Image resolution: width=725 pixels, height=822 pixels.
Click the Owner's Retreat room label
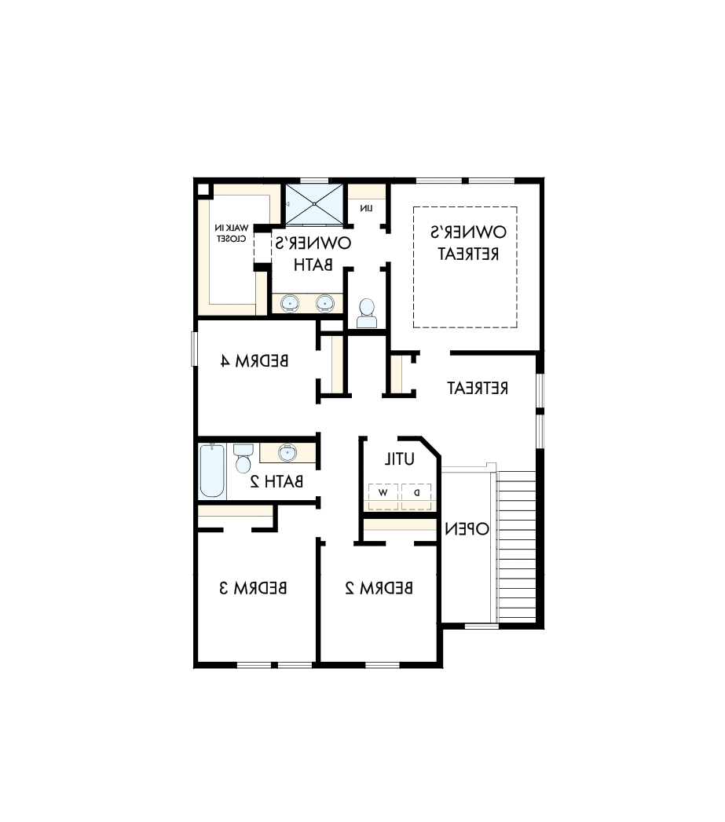[x=466, y=243]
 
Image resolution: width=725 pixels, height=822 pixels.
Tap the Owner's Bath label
[x=313, y=253]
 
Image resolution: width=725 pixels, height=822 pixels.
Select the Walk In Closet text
[x=232, y=232]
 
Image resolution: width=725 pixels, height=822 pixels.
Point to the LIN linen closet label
[x=366, y=208]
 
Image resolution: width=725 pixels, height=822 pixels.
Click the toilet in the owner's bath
[x=366, y=313]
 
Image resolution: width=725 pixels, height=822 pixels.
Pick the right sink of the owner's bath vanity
[x=324, y=302]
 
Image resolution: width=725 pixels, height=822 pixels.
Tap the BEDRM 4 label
[x=254, y=361]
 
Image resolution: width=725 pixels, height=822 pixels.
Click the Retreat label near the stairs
[x=478, y=388]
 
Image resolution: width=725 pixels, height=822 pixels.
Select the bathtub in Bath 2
[x=212, y=470]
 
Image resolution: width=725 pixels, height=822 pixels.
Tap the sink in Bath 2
[x=287, y=453]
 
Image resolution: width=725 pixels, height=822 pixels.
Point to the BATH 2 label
[x=276, y=481]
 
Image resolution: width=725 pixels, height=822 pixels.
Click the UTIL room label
[x=399, y=458]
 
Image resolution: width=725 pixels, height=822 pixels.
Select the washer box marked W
[x=383, y=493]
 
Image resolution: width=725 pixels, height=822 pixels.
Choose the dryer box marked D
[x=417, y=493]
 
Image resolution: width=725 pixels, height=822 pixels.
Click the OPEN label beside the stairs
[x=467, y=528]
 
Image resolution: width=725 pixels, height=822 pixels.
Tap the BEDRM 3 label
[x=253, y=586]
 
